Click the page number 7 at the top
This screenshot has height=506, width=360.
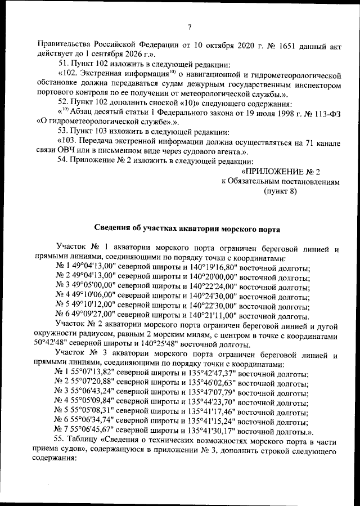click(190, 27)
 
